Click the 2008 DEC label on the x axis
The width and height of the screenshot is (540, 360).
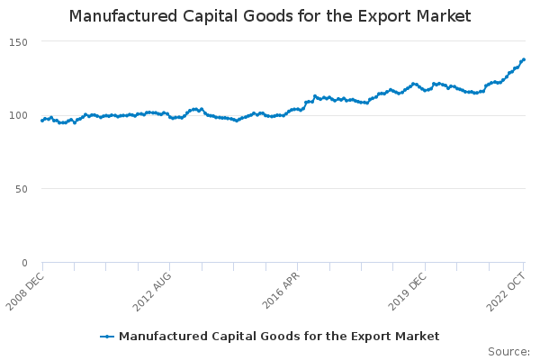(x=26, y=290)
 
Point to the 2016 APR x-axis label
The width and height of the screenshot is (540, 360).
(x=282, y=290)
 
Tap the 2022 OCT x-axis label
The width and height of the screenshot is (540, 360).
(x=507, y=290)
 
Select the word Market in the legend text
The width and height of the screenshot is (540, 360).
(x=418, y=337)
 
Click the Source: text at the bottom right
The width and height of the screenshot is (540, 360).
(x=508, y=352)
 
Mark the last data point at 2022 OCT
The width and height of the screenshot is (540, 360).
(x=524, y=60)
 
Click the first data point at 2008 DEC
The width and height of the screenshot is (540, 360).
(x=42, y=121)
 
